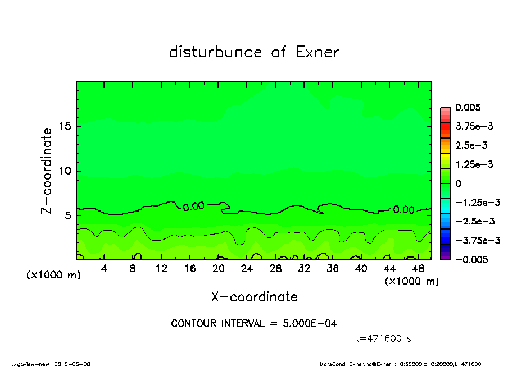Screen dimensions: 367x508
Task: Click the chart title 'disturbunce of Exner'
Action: pyautogui.click(x=254, y=53)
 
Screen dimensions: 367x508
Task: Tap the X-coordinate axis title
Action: pyautogui.click(x=254, y=297)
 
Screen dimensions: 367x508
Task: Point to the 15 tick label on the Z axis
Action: pyautogui.click(x=65, y=126)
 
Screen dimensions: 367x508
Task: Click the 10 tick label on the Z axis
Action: pyautogui.click(x=65, y=171)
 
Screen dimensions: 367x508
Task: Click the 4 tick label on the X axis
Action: pyautogui.click(x=105, y=269)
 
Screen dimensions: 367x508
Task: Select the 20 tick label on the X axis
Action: pyautogui.click(x=219, y=269)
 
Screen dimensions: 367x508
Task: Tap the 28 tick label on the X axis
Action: pyautogui.click(x=275, y=269)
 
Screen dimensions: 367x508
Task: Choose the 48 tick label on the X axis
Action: pyautogui.click(x=418, y=269)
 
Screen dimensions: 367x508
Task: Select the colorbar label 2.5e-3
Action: pyautogui.click(x=471, y=145)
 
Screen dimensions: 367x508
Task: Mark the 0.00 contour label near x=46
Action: pyautogui.click(x=403, y=209)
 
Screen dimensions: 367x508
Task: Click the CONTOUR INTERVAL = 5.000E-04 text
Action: pyautogui.click(x=254, y=324)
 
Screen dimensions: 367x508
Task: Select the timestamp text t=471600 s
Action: pyautogui.click(x=384, y=338)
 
